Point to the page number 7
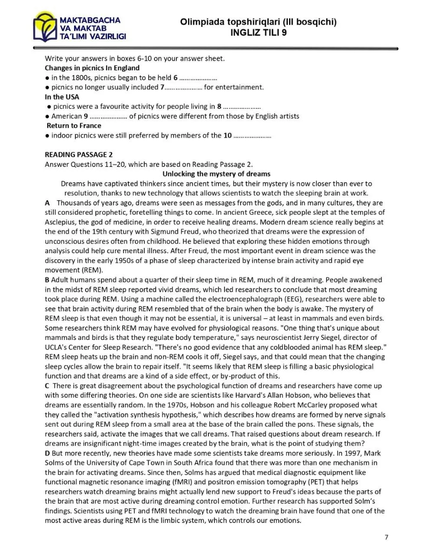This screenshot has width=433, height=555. click(386, 538)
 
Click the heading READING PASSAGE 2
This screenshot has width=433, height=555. click(76, 154)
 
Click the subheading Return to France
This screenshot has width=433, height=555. click(74, 126)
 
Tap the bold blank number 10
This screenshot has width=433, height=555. click(227, 135)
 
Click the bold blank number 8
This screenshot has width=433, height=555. click(219, 106)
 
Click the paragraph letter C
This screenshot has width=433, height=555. click(47, 385)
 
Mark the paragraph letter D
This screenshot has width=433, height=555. click(47, 453)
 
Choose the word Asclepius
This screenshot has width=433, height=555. click(61, 222)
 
